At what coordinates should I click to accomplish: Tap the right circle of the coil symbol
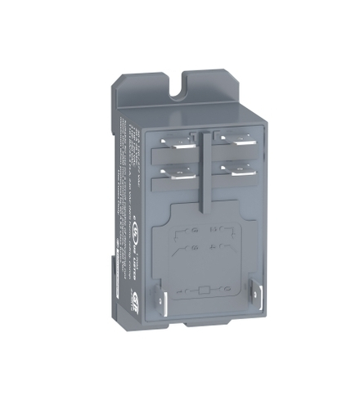[x=223, y=289]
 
